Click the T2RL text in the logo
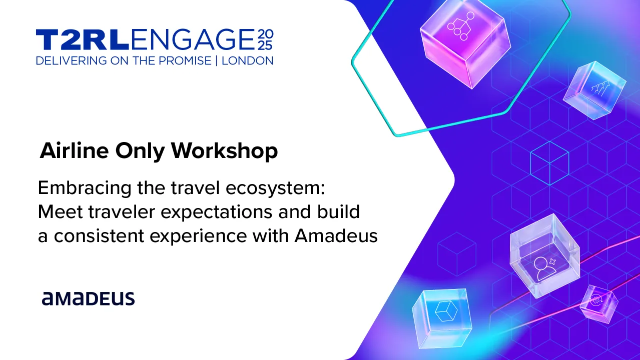tap(82, 40)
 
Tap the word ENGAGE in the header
tap(192, 40)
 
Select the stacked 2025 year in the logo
tap(265, 40)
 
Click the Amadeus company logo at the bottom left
tap(88, 298)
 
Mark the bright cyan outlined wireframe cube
tap(549, 163)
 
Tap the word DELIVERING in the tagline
tap(71, 61)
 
